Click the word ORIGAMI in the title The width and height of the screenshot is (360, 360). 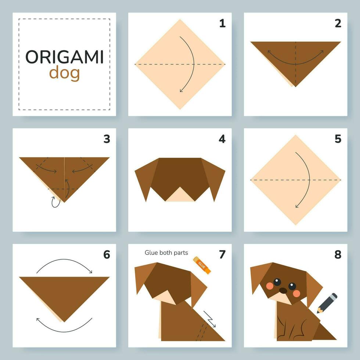(x=64, y=57)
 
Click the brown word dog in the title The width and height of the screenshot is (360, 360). (x=64, y=73)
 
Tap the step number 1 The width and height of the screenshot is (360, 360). (x=222, y=24)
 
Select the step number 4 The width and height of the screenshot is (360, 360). (x=222, y=139)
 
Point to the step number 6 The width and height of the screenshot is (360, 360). (x=107, y=254)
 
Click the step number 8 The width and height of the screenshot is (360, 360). (x=338, y=254)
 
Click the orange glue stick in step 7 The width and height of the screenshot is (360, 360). (x=202, y=265)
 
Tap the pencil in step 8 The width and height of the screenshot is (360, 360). (x=327, y=303)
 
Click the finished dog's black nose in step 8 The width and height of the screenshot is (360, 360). (x=283, y=291)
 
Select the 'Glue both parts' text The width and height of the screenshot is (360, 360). (x=166, y=252)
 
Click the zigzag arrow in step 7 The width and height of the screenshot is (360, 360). (x=210, y=319)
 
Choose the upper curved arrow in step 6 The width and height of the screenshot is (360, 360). (x=64, y=264)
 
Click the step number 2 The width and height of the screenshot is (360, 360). (x=338, y=24)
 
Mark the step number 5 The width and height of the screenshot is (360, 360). (x=338, y=139)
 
